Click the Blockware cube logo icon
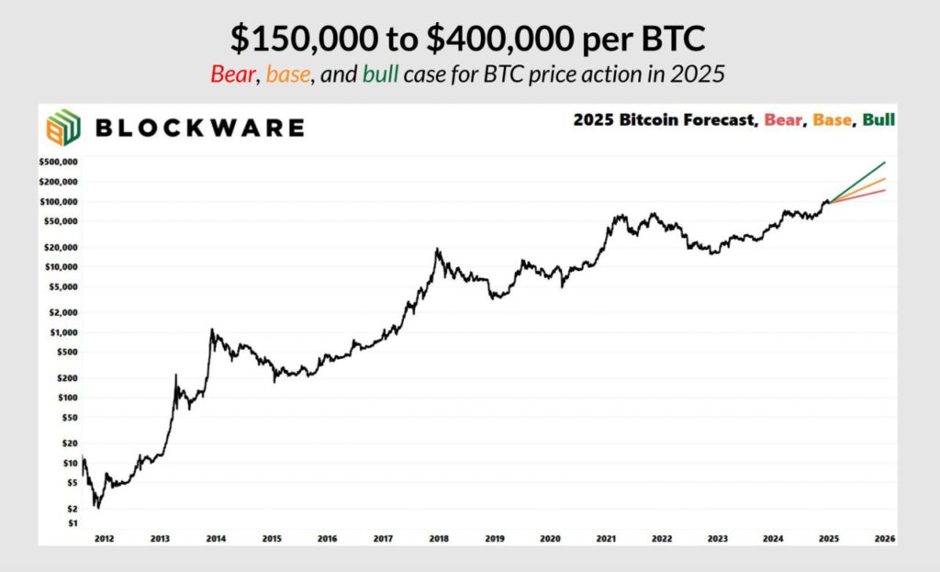[62, 128]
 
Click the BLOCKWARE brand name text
[199, 128]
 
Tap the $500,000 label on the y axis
[59, 163]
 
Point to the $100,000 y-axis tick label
[59, 201]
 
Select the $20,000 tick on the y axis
[61, 247]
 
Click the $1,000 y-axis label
[63, 332]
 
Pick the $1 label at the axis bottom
[72, 523]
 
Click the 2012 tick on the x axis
[103, 538]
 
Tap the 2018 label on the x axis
[439, 538]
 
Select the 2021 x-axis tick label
[607, 538]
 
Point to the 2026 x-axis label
[885, 538]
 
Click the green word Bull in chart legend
[878, 120]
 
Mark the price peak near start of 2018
[438, 249]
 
